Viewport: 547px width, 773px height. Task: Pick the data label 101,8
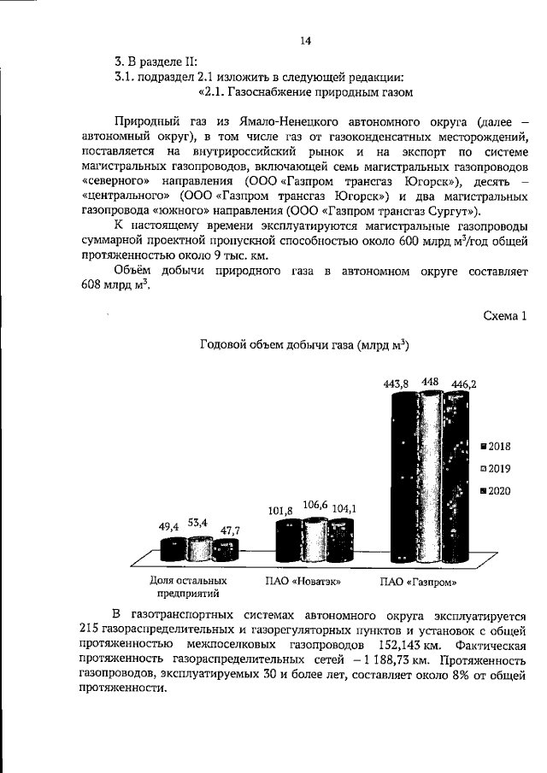pos(279,510)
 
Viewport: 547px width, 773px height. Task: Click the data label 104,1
pos(344,509)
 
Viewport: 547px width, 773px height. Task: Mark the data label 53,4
pos(199,521)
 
